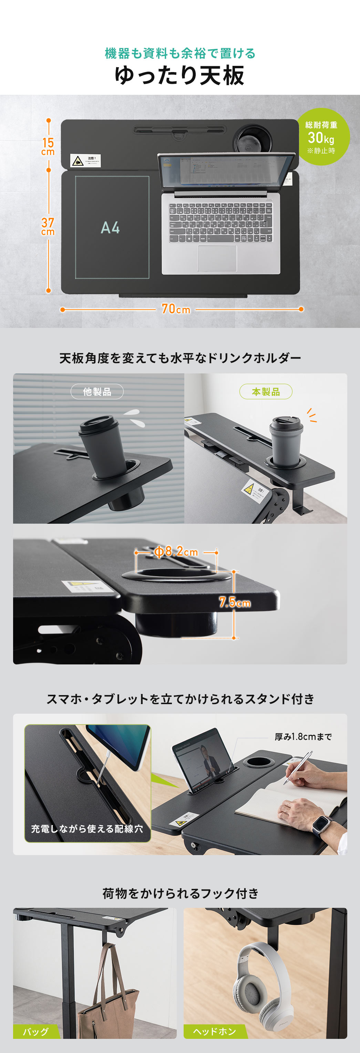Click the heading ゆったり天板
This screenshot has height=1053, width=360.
179,76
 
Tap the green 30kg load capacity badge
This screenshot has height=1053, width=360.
322,137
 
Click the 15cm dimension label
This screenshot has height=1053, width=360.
48,146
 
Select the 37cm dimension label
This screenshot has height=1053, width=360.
48,226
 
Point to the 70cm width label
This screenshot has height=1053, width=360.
176,309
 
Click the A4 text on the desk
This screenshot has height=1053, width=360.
110,228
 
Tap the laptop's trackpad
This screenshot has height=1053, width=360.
217,258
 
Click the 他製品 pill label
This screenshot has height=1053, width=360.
97,392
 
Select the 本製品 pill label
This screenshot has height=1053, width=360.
266,392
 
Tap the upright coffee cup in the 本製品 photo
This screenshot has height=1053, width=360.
286,441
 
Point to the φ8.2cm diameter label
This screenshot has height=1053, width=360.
176,552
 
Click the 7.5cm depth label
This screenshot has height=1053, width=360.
235,602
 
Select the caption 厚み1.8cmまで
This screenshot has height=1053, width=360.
303,736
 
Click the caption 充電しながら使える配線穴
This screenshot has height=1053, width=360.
87,829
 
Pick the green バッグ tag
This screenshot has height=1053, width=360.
35,1032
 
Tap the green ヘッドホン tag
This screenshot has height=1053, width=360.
214,1032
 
